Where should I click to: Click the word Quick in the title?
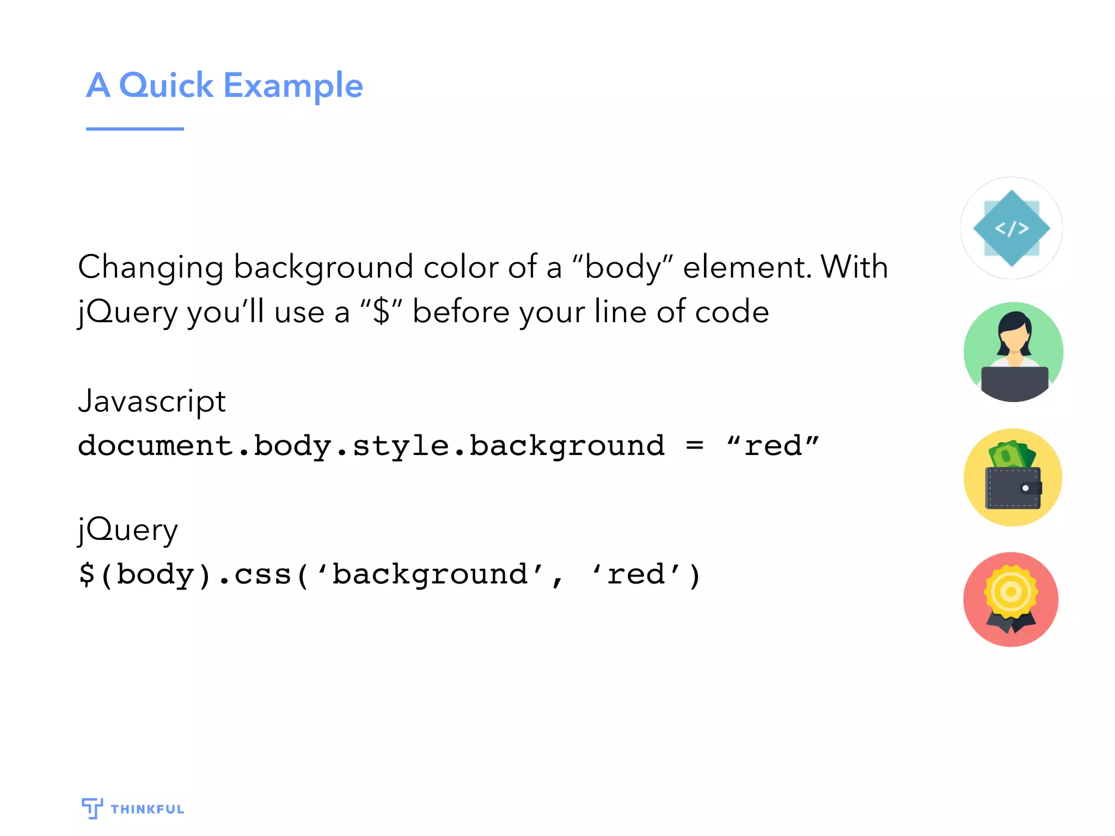166,85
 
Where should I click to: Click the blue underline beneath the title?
134,129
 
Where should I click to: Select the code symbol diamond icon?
1011,228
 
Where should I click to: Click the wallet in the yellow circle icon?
1013,488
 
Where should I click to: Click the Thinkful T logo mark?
92,808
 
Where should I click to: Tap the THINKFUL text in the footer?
148,809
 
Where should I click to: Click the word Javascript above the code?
152,402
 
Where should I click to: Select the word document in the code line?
156,446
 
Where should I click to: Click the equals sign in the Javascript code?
695,446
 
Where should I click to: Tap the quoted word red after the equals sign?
773,446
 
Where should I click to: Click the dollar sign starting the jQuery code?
87,575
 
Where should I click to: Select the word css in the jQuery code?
263,575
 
